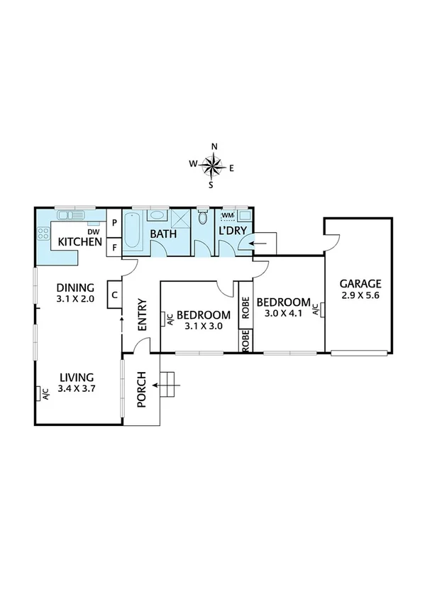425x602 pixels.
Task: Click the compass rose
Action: pos(212,166)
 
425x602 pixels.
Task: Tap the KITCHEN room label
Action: pos(79,242)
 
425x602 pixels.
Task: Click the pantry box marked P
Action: pos(114,222)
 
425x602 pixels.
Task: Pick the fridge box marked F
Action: pos(114,247)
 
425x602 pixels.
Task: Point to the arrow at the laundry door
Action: pos(259,243)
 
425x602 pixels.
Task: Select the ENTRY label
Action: pos(141,314)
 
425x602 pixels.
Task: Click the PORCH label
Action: pos(140,390)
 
